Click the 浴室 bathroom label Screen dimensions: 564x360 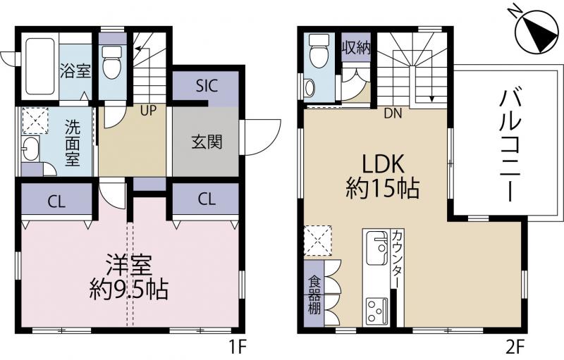coord(75,70)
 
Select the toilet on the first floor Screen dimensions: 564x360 coord(111,62)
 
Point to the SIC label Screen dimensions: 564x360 coord(207,85)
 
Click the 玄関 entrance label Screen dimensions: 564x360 coord(207,142)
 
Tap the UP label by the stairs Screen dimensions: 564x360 coord(148,111)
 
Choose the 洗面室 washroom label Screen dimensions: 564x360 coord(73,143)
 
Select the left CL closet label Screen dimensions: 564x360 coord(57,202)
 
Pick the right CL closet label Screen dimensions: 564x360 coord(207,199)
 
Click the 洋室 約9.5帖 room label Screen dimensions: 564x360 coord(129,277)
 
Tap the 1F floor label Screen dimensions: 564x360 coord(238,347)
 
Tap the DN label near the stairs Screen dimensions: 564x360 coord(393,113)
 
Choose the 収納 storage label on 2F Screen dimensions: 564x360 coord(356,47)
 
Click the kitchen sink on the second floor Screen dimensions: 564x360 coord(376,247)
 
